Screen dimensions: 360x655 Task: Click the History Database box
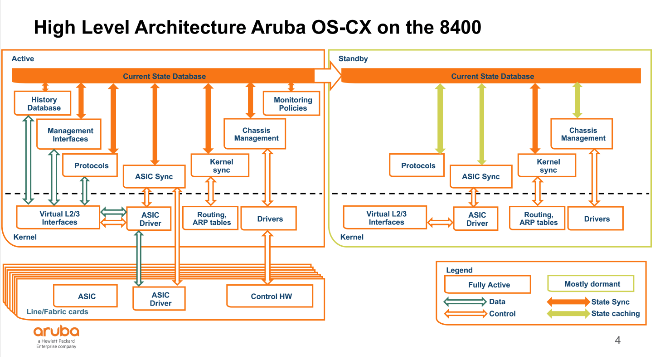pos(44,103)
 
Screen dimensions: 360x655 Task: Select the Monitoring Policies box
pos(293,104)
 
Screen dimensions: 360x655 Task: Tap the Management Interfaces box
pos(70,135)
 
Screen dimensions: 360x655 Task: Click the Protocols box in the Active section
pos(91,165)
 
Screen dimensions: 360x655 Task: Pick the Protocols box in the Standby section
pos(417,165)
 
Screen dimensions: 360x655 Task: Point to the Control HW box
pos(271,297)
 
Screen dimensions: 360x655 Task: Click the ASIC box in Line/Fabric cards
pos(86,297)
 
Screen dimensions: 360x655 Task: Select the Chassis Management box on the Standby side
pos(582,134)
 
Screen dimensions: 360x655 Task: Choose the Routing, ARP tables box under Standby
pos(538,219)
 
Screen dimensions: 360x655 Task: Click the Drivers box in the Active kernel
pos(269,219)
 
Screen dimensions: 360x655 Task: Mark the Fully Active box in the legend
pos(488,285)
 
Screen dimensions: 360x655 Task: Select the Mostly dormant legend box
pos(592,284)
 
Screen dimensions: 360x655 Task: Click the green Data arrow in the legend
pos(465,302)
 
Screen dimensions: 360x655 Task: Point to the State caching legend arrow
pos(568,313)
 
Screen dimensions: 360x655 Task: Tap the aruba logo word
pos(56,331)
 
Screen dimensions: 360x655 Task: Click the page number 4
pos(617,340)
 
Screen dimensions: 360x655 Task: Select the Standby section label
pos(353,59)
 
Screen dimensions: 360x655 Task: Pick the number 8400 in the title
pos(460,28)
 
